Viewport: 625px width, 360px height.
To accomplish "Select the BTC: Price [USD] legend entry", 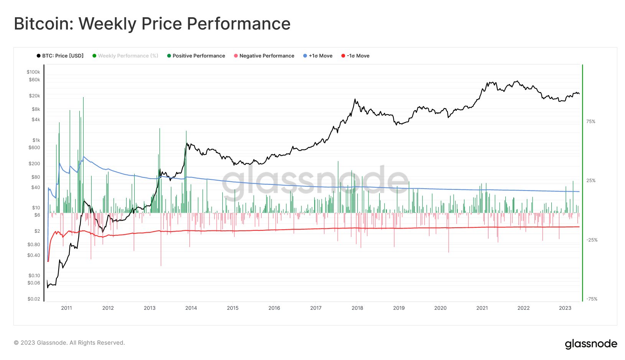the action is pos(60,56).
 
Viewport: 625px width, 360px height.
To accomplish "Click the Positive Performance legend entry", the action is pos(196,56).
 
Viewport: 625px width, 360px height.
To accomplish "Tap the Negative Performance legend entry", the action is pos(264,56).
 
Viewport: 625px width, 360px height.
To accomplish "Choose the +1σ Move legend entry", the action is pos(318,56).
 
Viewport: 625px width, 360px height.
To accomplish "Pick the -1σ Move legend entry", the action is pos(355,56).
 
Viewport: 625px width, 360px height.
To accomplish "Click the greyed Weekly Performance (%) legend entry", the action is pos(125,56).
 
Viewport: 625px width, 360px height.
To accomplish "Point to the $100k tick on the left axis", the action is pos(33,72).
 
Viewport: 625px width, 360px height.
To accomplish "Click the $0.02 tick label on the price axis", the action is pos(34,299).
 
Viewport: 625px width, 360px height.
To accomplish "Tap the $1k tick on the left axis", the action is pos(36,140).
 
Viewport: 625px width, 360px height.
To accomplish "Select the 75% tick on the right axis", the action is pos(590,122).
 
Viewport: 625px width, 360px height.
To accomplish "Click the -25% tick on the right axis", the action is pos(592,240).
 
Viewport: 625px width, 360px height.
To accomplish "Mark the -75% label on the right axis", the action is pos(592,299).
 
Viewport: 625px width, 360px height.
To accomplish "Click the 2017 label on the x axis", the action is pos(316,308).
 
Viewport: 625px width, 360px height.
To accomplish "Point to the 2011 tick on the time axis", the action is pos(66,308).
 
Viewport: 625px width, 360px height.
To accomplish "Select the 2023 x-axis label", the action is pos(565,308).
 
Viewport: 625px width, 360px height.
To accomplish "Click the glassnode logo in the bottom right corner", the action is pos(591,344).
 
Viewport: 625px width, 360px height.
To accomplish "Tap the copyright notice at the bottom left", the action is pos(69,343).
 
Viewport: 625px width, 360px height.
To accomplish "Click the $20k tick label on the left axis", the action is pos(35,96).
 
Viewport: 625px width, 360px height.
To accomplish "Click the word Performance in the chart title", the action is pos(238,24).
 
